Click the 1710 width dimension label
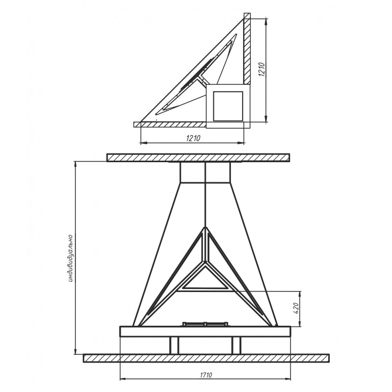coord(206,375)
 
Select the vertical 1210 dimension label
coord(262,70)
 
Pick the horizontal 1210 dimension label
coord(193,138)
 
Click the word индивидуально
coord(71,258)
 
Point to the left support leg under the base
coord(174,345)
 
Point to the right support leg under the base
coord(236,345)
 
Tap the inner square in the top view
coord(228,106)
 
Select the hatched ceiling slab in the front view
coord(198,158)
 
